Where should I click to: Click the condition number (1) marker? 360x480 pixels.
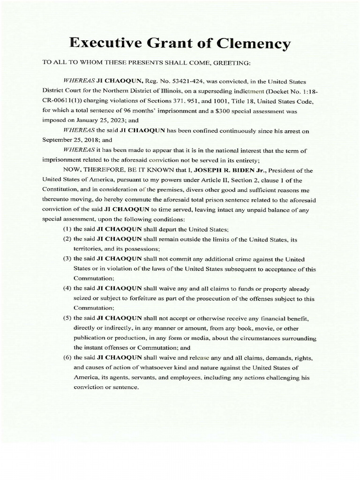point(67,230)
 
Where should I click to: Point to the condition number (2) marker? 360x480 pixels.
point(67,240)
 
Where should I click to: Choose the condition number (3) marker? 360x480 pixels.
point(67,259)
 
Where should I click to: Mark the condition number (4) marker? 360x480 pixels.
point(67,289)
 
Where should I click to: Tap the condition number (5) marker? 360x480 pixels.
point(67,319)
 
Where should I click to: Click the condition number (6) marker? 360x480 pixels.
point(67,358)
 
